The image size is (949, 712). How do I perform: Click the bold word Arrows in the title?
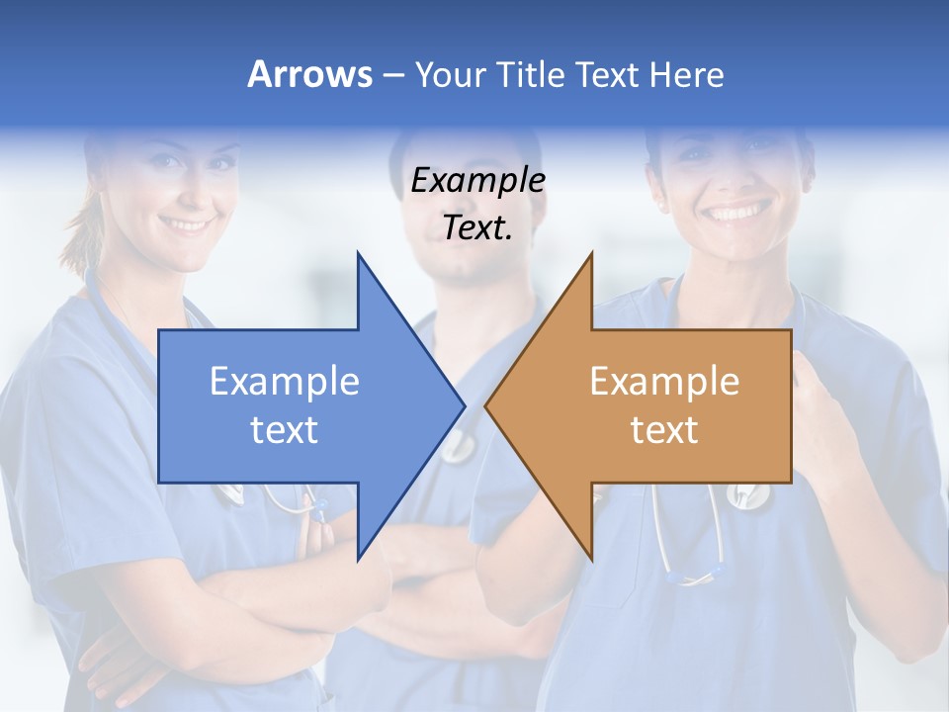pyautogui.click(x=308, y=74)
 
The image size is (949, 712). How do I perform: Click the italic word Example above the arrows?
pyautogui.click(x=477, y=181)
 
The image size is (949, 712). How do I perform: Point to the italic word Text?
pyautogui.click(x=477, y=228)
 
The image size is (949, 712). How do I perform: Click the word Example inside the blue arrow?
pyautogui.click(x=284, y=382)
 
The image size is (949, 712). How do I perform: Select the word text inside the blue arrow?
pyautogui.click(x=284, y=430)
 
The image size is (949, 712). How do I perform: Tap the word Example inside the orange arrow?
pyautogui.click(x=664, y=382)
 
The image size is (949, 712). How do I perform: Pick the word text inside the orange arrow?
pyautogui.click(x=664, y=430)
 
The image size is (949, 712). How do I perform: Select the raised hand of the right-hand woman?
pyautogui.click(x=830, y=415)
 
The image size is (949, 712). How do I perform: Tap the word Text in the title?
pyautogui.click(x=606, y=74)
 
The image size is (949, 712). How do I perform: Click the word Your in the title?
pyautogui.click(x=451, y=74)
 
